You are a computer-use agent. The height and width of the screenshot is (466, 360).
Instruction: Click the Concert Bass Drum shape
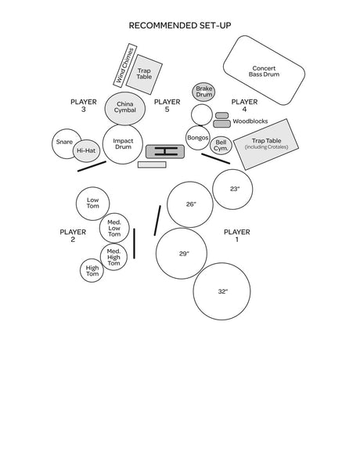click(264, 70)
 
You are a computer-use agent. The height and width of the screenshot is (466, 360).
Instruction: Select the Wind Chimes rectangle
click(125, 66)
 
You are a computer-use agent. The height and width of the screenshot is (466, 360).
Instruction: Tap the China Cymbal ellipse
click(125, 108)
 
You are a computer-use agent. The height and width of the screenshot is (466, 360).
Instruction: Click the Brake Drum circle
click(203, 92)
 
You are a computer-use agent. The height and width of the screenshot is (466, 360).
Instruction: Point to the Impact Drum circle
click(123, 144)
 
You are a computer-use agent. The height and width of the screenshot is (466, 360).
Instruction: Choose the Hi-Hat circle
click(86, 150)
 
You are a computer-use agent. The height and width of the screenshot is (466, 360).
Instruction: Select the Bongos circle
click(198, 138)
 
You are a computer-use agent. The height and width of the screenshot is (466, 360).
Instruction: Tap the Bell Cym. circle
click(221, 146)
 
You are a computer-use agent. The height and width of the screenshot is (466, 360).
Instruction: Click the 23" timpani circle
click(232, 190)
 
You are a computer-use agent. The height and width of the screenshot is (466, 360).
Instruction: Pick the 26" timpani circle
click(190, 204)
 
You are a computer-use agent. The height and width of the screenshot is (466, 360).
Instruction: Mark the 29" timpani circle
click(182, 254)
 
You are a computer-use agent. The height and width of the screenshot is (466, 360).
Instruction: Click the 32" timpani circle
click(222, 291)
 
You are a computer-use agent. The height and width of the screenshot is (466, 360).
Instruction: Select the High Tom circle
click(92, 270)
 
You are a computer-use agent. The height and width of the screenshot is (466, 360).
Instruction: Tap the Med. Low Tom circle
click(114, 228)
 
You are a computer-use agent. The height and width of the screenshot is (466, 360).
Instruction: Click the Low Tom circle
click(92, 204)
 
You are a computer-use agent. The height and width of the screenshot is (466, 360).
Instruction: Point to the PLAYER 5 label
click(167, 106)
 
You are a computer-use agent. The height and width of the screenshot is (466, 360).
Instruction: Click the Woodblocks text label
click(250, 121)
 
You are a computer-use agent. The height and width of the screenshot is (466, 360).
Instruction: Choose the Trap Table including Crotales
click(266, 144)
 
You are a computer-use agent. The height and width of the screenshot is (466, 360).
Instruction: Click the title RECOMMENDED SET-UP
click(180, 26)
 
